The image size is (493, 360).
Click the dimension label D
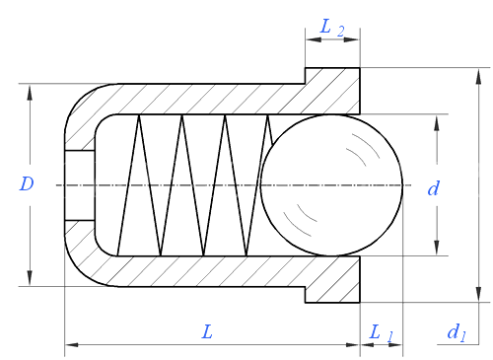27,183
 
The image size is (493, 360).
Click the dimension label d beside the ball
433,188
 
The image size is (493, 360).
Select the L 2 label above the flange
332,28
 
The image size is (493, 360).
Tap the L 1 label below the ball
381,333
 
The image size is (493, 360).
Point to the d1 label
457,332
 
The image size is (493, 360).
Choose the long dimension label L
207,331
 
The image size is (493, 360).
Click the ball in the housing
331,185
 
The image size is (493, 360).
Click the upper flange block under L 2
332,91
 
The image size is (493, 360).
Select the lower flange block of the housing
332,279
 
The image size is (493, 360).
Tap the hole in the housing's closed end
80,185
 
